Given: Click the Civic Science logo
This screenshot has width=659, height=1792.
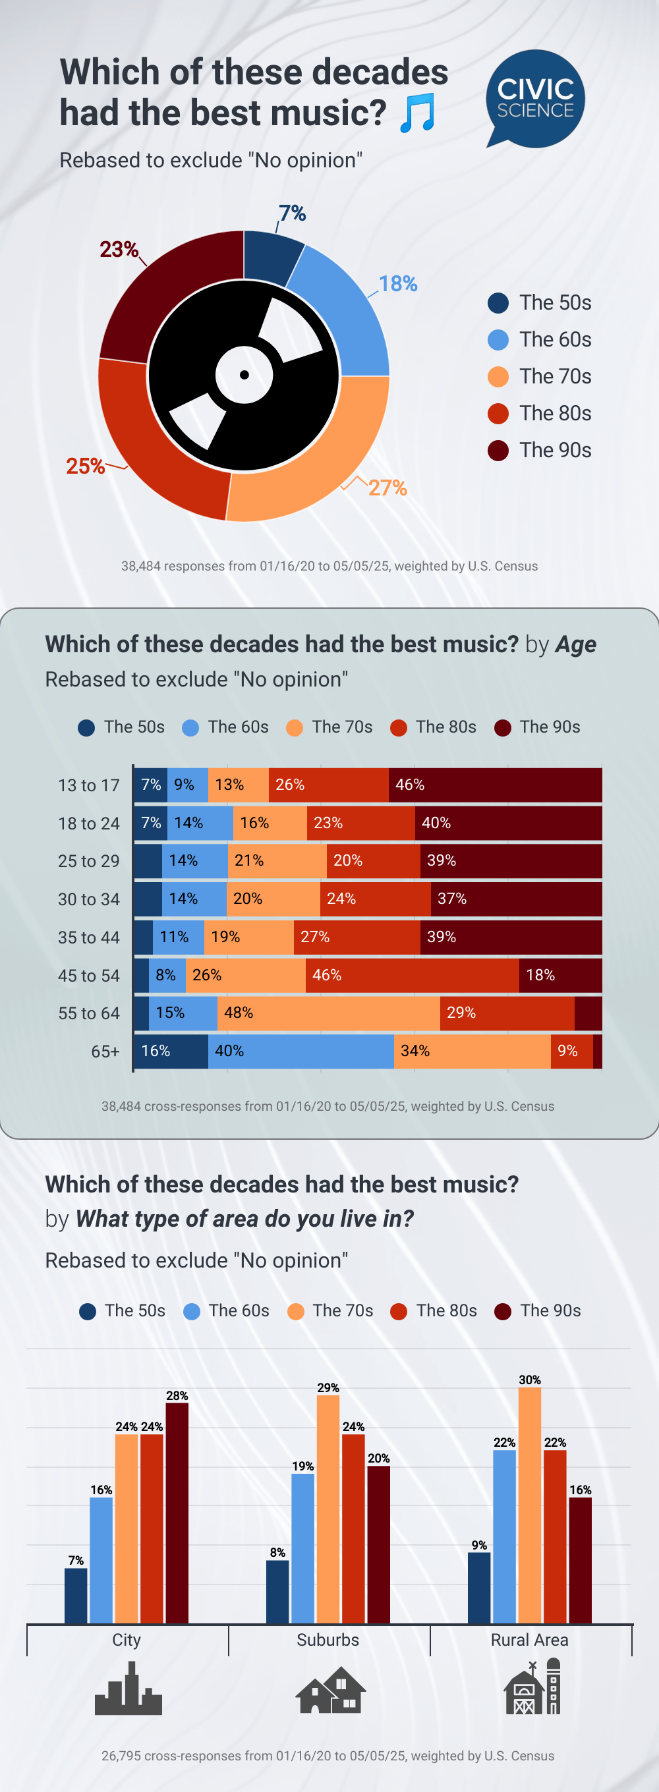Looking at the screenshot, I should [x=535, y=98].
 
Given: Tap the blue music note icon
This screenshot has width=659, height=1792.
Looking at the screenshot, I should [x=418, y=113].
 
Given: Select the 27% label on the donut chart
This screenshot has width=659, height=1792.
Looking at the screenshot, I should [x=387, y=488].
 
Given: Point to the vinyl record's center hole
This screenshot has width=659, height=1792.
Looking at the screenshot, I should [x=244, y=375].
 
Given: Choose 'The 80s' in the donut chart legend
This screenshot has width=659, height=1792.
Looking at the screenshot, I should [x=555, y=413].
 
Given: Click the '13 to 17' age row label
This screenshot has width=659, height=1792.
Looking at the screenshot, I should [x=88, y=785].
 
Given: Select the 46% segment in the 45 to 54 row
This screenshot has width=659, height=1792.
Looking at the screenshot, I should [x=412, y=975].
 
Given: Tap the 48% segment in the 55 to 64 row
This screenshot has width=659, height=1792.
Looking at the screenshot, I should [x=328, y=1013].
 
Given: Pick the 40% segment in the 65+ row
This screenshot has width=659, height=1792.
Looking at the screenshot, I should [x=301, y=1051].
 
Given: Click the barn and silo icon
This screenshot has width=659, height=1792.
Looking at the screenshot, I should [x=532, y=1687].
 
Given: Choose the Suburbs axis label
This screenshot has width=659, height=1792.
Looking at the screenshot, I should [x=328, y=1640].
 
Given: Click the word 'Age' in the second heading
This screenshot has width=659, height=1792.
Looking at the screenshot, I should [x=575, y=645].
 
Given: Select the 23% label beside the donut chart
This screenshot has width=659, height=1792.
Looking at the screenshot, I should [x=119, y=249].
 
